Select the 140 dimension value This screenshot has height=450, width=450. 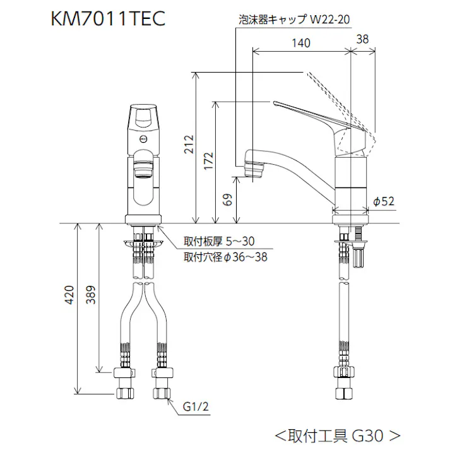tap(302, 43)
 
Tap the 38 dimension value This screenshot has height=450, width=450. tap(364, 38)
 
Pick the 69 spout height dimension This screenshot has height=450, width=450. tap(228, 200)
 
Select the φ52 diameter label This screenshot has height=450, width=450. tap(383, 201)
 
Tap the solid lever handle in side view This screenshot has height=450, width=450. tap(309, 112)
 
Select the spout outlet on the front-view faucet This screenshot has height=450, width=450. tap(143, 167)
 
